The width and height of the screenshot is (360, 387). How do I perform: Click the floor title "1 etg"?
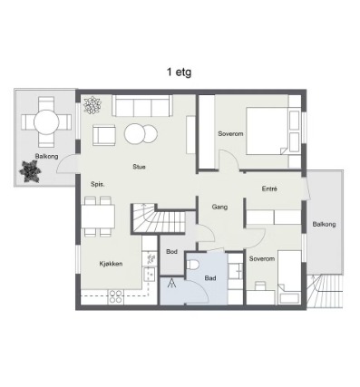pos(179,73)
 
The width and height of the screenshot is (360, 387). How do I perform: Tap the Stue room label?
pos(139,167)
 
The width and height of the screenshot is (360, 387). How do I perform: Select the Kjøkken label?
pos(111,264)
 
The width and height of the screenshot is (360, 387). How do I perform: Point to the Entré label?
pos(269,189)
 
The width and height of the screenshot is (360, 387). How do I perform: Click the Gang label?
pos(219,207)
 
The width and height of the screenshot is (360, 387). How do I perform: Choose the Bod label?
pos(171,251)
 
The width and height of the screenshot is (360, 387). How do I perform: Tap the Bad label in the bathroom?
pos(210,278)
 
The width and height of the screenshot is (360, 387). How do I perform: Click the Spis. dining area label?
pos(98,184)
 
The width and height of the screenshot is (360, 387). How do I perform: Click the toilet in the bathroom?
pos(192,265)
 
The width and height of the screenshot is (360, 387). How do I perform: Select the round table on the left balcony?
pos(46,122)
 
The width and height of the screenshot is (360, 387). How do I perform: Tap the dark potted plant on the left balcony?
pos(30,171)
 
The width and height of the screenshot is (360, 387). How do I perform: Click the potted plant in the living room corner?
pos(92,105)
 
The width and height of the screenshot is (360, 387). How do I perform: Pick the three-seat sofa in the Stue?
pos(142,105)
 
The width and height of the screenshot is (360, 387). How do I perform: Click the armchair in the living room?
pos(104,135)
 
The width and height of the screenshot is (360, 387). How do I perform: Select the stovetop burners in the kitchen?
pos(116,296)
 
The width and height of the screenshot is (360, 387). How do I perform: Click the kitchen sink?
pos(150,275)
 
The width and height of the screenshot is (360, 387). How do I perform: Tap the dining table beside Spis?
pos(98,217)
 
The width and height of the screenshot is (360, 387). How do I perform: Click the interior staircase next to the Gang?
pos(159,218)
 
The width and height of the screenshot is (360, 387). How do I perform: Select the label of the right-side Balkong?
pos(324,225)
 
